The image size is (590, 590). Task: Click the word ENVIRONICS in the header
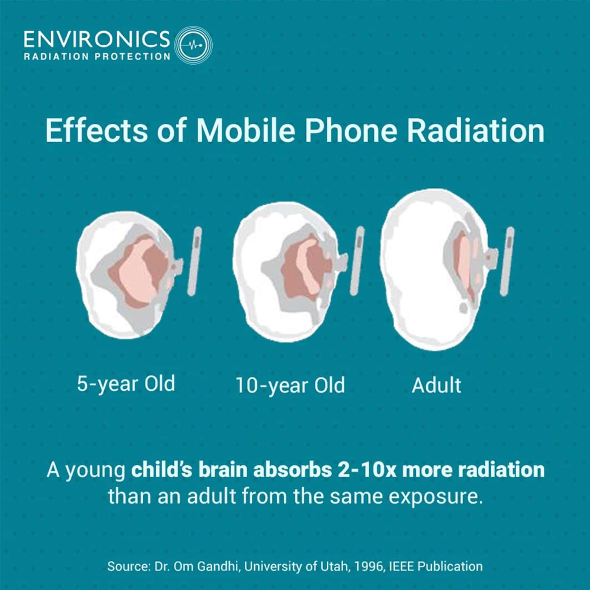pyautogui.click(x=97, y=39)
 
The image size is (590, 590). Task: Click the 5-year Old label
pyautogui.click(x=126, y=383)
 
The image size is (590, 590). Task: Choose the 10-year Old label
pyautogui.click(x=290, y=385)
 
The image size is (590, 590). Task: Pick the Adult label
pyautogui.click(x=436, y=385)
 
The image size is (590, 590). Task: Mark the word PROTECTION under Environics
pyautogui.click(x=132, y=57)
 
